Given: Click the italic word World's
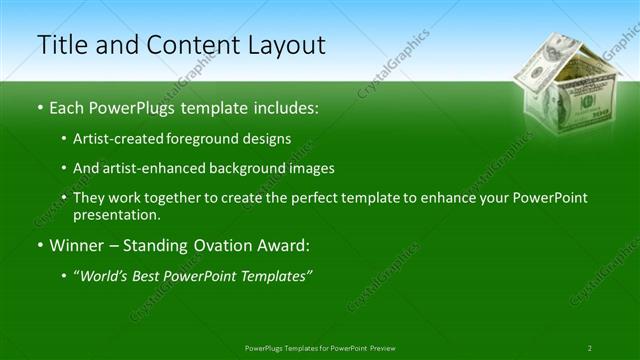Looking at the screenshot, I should pos(103,275).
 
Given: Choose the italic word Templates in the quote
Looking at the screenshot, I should pos(276,275).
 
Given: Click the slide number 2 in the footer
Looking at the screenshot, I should pos(590,348).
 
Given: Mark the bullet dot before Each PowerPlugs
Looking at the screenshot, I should pos(40,106).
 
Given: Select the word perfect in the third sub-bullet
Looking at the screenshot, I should pos(284,198).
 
